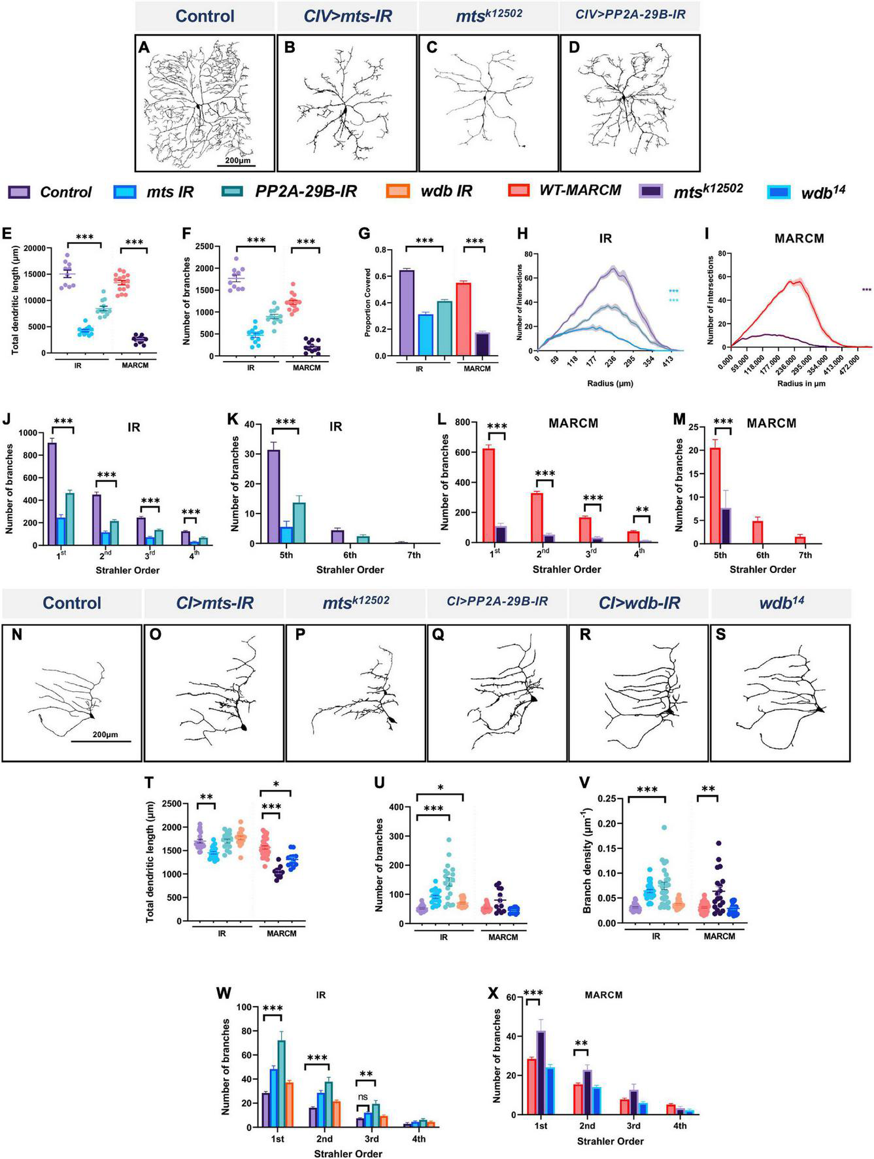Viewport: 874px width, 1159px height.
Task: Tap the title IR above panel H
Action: pos(605,239)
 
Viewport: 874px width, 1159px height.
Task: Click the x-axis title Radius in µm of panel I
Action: pos(801,383)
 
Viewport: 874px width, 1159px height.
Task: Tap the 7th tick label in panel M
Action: pos(805,555)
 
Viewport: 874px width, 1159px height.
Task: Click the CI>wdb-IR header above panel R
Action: pos(639,603)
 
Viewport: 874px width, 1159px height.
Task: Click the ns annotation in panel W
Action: pos(363,1097)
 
